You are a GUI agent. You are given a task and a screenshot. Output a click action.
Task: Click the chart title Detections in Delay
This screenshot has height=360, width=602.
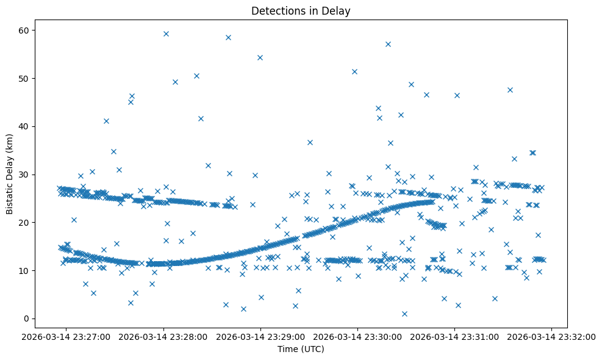(301, 11)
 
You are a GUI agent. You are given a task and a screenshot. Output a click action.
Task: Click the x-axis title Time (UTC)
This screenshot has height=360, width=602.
(301, 349)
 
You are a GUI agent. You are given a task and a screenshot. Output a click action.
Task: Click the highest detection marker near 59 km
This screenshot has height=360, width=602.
(166, 34)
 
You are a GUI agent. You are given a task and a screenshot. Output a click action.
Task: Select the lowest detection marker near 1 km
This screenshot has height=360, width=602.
(404, 314)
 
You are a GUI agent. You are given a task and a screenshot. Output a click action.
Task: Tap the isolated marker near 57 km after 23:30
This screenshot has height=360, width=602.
(388, 44)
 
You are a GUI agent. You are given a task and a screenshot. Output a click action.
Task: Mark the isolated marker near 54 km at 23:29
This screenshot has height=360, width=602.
(260, 57)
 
